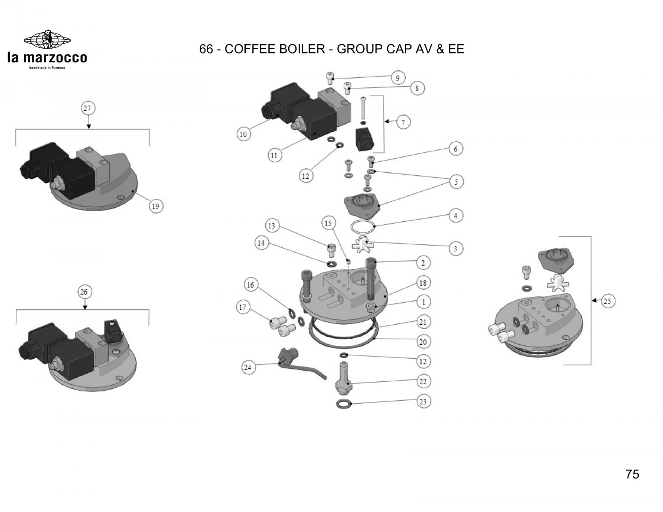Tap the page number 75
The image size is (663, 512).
[x=632, y=474]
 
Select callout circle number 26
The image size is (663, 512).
[x=84, y=292]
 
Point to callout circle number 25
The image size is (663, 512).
[x=607, y=301]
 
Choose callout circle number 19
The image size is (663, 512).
[x=156, y=206]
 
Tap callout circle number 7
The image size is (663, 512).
[x=403, y=122]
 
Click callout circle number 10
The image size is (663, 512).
[x=243, y=134]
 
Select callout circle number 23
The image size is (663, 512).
[x=423, y=402]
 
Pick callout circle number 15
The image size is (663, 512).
[x=328, y=224]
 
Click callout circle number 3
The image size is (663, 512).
[x=456, y=248]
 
